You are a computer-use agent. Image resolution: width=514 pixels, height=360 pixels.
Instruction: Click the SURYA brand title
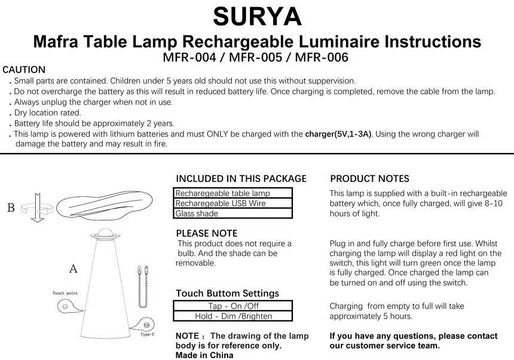coord(257,16)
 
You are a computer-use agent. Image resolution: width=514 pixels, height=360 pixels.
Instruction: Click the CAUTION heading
coord(24,70)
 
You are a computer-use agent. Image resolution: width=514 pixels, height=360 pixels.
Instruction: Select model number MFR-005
coord(255,58)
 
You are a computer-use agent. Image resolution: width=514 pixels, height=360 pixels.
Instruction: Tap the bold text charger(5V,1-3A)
coord(338,134)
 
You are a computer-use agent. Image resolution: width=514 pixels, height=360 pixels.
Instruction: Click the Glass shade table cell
coord(233,213)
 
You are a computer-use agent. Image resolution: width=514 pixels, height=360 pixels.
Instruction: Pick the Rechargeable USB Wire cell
coord(233,203)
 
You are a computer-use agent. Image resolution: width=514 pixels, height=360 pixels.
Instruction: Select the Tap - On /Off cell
coord(233,306)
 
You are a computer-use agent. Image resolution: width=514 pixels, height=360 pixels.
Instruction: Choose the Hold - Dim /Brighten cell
coord(233,316)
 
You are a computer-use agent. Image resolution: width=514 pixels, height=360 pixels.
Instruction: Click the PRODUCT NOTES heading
coord(369,179)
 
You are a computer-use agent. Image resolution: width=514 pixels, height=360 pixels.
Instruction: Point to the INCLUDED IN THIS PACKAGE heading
coord(241,179)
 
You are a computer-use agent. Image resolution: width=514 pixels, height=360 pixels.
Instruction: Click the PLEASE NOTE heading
coord(206,233)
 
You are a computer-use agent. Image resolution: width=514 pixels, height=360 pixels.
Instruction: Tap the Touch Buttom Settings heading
coord(227,294)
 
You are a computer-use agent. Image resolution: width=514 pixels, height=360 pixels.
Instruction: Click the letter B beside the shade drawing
coord(11,208)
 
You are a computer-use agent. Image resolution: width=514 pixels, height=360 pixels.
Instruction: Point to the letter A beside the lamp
coord(74,269)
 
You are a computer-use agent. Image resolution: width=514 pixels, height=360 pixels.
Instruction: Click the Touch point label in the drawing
coord(66,294)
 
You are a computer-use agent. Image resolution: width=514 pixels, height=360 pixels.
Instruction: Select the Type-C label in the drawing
coord(148,334)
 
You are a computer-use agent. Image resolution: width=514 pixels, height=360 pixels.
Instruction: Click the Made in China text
coord(204,355)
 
